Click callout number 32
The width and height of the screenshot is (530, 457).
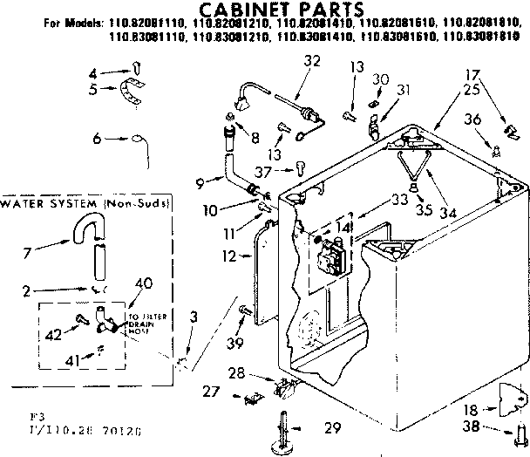pyautogui.click(x=288, y=60)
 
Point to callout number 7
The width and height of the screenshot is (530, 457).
pyautogui.click(x=28, y=252)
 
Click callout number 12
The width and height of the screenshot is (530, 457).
pyautogui.click(x=228, y=256)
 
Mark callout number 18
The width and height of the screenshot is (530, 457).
pyautogui.click(x=471, y=408)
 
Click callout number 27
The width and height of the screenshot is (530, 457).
pyautogui.click(x=211, y=392)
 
